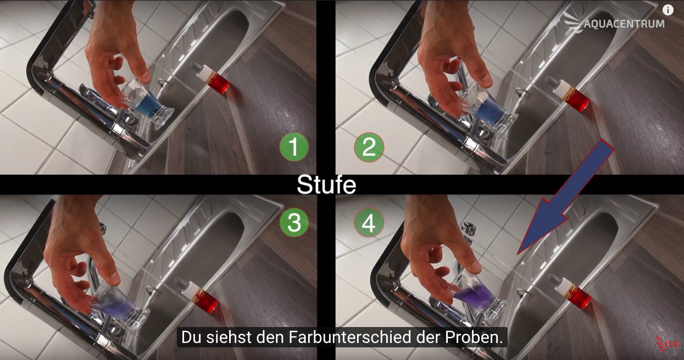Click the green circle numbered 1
click(294, 147)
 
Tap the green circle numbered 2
click(369, 147)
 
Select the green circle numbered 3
click(294, 222)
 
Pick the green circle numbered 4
click(369, 223)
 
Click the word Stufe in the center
click(326, 185)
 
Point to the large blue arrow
click(565, 197)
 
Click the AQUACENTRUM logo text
click(624, 24)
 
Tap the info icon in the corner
click(668, 10)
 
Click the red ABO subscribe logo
click(666, 344)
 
